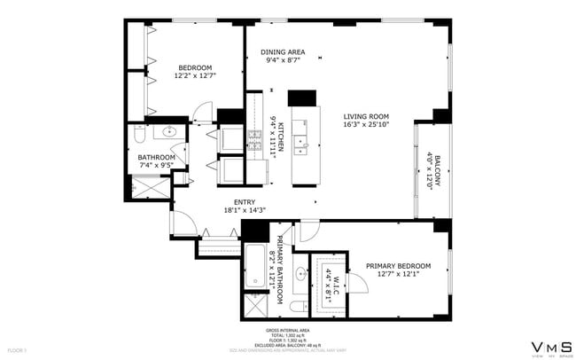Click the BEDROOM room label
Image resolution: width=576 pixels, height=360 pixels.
tap(195, 67)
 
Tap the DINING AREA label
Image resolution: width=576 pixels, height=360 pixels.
tap(283, 52)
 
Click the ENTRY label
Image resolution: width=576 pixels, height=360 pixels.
tap(245, 201)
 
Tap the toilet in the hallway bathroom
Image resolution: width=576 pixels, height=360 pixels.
tap(139, 134)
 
